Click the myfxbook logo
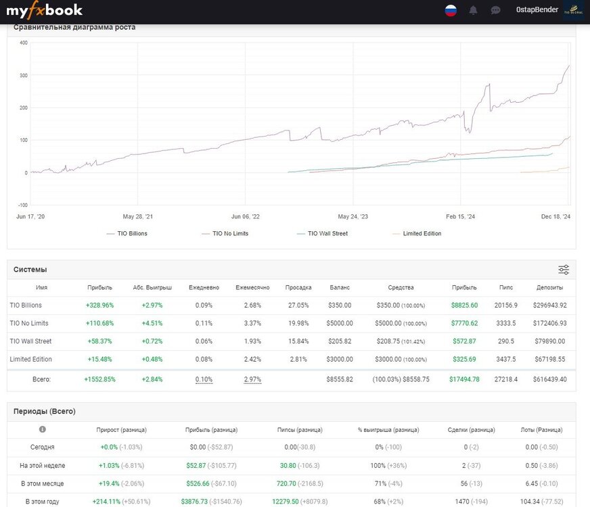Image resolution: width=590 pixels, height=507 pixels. coord(44,10)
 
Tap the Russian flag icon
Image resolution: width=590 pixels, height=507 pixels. coord(451,10)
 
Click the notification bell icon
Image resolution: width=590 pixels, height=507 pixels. coord(473,10)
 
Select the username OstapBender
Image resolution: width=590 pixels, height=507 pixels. coord(537,9)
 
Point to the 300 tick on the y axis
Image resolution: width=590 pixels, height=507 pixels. coord(23,75)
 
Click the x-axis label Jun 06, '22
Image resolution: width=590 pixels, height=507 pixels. coord(246,216)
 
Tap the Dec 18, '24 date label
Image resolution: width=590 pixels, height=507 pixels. coord(555,216)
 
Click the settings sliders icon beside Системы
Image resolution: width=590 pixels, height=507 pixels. coord(564,270)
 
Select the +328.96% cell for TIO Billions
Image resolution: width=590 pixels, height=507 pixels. coord(99,305)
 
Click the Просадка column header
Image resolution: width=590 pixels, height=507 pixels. coord(298,287)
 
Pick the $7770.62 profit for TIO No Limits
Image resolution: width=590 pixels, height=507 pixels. coord(464,323)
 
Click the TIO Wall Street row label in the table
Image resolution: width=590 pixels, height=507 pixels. coord(30,341)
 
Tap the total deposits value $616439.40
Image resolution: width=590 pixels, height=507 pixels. coord(549,379)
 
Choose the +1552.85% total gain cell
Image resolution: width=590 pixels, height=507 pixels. coord(99,379)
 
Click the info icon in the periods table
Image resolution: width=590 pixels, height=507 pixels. coord(43,429)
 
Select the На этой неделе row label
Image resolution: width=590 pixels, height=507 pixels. coord(43,465)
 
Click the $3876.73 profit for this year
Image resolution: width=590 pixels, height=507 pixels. coord(194,502)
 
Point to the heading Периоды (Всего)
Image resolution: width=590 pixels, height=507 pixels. coord(45,411)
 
